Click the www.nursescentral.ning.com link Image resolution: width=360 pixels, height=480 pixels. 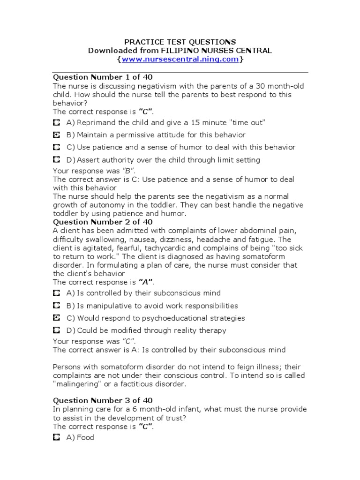click(180, 60)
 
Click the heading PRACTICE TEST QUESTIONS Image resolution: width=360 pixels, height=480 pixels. click(180, 42)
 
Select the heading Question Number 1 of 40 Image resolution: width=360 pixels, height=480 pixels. click(103, 77)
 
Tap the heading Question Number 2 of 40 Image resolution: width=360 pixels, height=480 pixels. click(103, 222)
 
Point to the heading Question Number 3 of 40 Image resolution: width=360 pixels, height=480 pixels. click(103, 400)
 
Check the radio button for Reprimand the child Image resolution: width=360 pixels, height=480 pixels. click(57, 123)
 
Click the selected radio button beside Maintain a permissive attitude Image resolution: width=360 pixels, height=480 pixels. click(57, 135)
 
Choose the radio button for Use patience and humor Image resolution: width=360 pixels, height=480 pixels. click(57, 147)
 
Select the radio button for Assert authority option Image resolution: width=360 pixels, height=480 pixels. click(57, 160)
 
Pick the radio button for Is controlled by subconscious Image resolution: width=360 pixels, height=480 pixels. click(57, 293)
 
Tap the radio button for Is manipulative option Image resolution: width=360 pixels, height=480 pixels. click(57, 306)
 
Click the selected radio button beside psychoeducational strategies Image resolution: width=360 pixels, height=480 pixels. click(57, 318)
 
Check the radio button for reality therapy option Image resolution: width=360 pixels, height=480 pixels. click(57, 330)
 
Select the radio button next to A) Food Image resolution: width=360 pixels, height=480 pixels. click(57, 437)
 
